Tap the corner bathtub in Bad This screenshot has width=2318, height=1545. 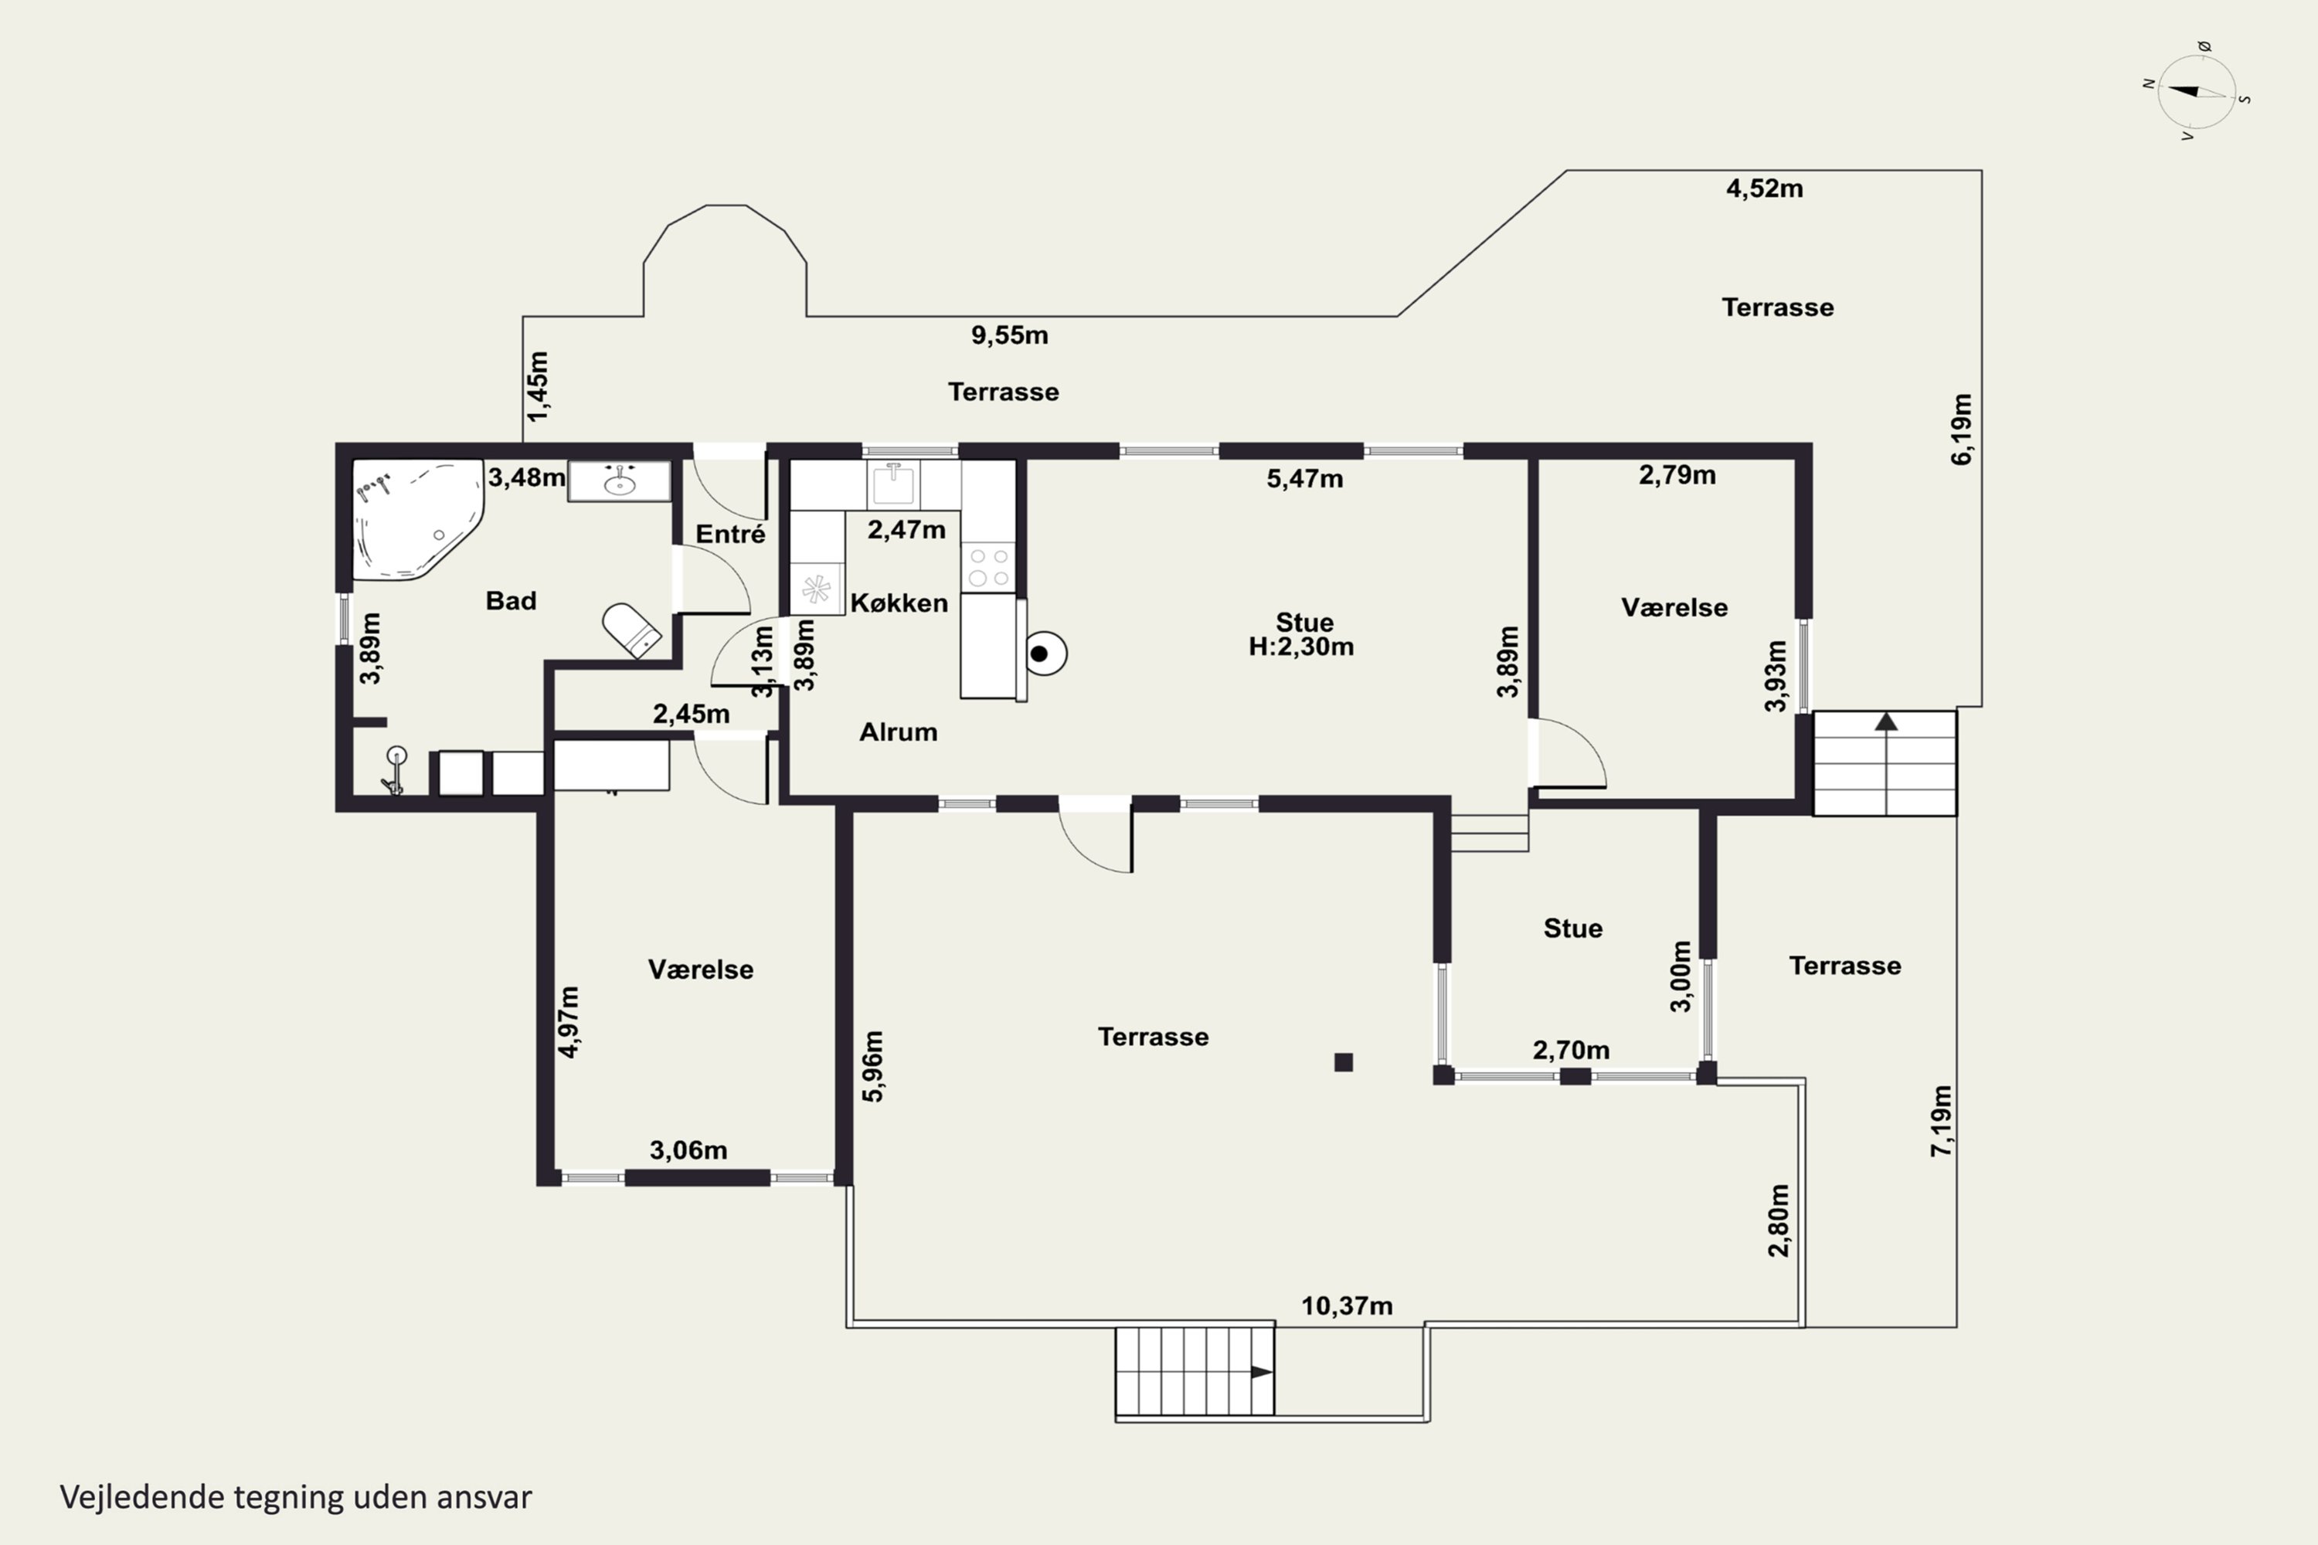[416, 519]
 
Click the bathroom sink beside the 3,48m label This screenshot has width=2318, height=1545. [619, 482]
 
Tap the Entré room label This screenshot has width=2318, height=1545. [730, 534]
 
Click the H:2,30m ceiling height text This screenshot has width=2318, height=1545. [1301, 647]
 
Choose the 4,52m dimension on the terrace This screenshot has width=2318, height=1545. [1764, 188]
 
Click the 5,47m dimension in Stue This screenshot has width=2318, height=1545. [1304, 479]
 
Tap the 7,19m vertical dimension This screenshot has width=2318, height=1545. [1940, 1122]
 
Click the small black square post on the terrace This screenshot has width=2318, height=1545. [1344, 1062]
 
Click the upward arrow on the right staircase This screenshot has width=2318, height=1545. [1886, 722]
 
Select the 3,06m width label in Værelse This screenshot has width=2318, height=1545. [688, 1150]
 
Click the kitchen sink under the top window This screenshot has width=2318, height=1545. [893, 483]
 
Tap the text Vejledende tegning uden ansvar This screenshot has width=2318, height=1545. [296, 1497]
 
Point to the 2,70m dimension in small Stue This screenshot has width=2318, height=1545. [1571, 1051]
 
